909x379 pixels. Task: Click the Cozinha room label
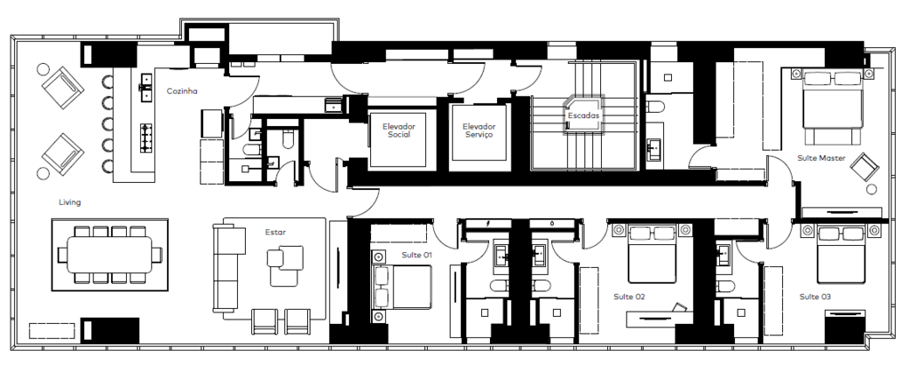point(182,91)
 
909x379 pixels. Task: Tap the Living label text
point(69,202)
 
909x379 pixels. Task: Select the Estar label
point(275,233)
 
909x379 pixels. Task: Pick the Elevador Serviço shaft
point(478,133)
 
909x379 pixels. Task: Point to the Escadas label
point(583,115)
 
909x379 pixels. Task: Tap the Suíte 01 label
point(417,255)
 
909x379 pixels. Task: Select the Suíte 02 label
point(629,296)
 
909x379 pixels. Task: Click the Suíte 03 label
point(815,296)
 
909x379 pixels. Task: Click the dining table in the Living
point(109,255)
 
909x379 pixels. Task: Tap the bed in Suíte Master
point(833,107)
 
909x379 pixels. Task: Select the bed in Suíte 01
point(401,287)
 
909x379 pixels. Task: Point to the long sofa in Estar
point(226,268)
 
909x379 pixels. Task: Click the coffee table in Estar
point(285,265)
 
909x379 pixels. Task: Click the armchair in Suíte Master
point(865,168)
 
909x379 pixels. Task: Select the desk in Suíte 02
point(660,316)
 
